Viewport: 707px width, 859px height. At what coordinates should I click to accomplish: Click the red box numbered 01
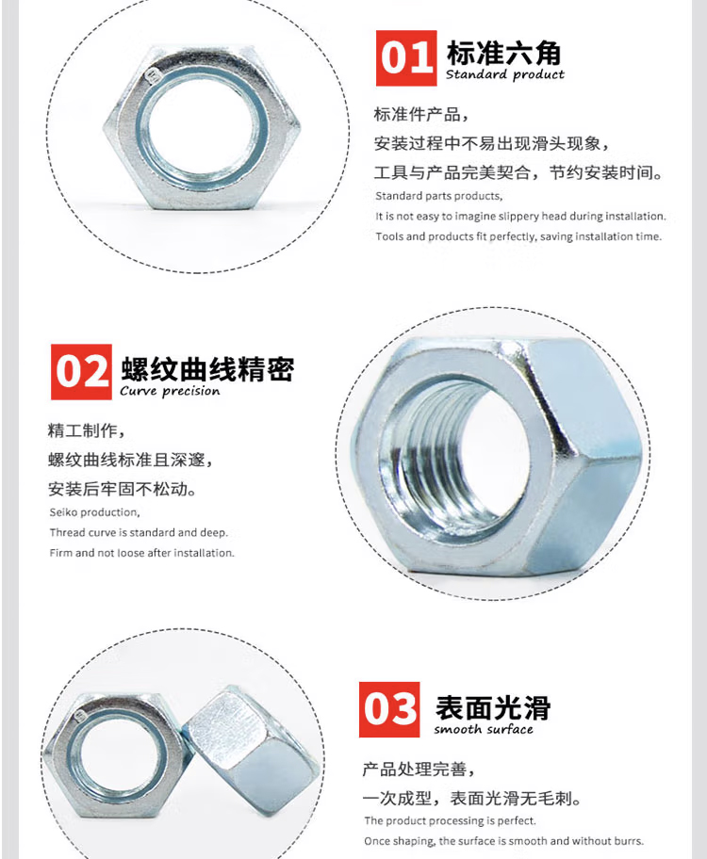pyautogui.click(x=406, y=58)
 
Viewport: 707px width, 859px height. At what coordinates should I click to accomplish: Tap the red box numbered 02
pyautogui.click(x=81, y=372)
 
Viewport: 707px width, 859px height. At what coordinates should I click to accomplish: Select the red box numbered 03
pyautogui.click(x=389, y=709)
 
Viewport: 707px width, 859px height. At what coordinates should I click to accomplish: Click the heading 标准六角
pyautogui.click(x=504, y=53)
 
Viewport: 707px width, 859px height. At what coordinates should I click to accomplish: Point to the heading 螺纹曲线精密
pyautogui.click(x=208, y=368)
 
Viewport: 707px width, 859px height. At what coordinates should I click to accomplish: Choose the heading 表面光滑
pyautogui.click(x=493, y=707)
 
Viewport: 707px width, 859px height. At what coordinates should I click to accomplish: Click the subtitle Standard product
pyautogui.click(x=504, y=74)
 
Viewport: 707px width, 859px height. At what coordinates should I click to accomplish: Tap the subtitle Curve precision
pyautogui.click(x=170, y=391)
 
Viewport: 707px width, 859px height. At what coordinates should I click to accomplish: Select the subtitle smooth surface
pyautogui.click(x=484, y=729)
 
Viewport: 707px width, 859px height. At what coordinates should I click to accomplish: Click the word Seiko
pyautogui.click(x=62, y=512)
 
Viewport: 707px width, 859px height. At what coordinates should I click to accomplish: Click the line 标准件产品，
pyautogui.click(x=421, y=115)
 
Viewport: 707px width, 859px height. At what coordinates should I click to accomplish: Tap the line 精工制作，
pyautogui.click(x=87, y=430)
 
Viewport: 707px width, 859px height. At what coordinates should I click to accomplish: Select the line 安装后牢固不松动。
pyautogui.click(x=123, y=489)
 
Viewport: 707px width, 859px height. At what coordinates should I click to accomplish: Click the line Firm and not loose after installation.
pyautogui.click(x=141, y=553)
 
